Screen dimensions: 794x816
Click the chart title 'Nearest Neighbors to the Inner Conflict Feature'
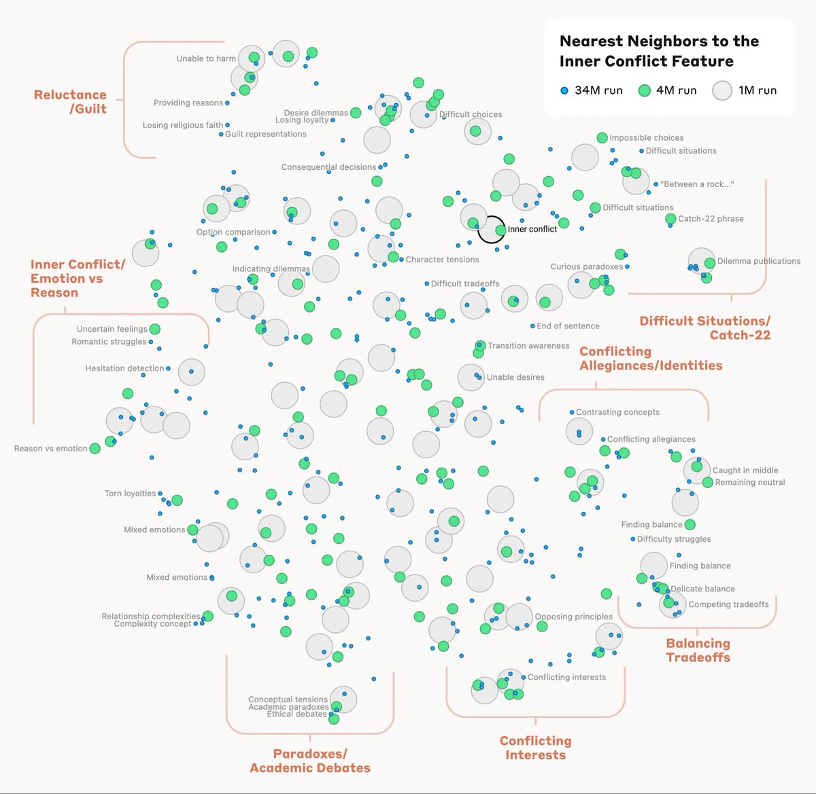click(658, 51)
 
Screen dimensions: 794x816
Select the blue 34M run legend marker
click(564, 90)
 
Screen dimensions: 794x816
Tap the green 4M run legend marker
click(645, 90)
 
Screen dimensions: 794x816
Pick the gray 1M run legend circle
click(722, 90)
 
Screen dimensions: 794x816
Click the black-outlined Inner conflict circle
click(491, 230)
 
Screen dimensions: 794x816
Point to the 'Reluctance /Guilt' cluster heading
click(71, 101)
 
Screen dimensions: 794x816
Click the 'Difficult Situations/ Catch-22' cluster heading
click(705, 328)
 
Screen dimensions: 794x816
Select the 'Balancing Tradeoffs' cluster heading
click(698, 650)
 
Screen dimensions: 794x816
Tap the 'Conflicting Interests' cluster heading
click(535, 747)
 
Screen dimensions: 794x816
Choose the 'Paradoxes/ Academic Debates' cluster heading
click(310, 761)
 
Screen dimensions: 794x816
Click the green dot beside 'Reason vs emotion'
click(95, 449)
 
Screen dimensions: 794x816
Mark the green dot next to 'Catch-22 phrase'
click(670, 219)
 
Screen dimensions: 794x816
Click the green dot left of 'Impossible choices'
click(602, 138)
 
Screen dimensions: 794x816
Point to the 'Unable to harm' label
click(205, 58)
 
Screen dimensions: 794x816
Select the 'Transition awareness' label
click(528, 345)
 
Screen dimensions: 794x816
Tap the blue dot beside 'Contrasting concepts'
click(571, 412)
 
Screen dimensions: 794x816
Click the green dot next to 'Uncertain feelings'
click(155, 329)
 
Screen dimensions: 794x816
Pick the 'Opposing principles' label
click(573, 617)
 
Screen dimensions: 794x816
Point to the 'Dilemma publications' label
click(759, 261)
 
